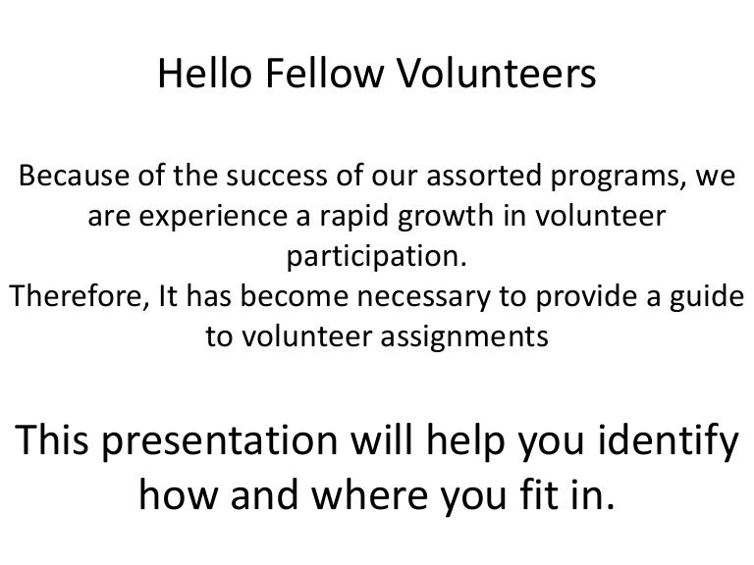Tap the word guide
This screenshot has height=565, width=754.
pyautogui.click(x=701, y=297)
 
